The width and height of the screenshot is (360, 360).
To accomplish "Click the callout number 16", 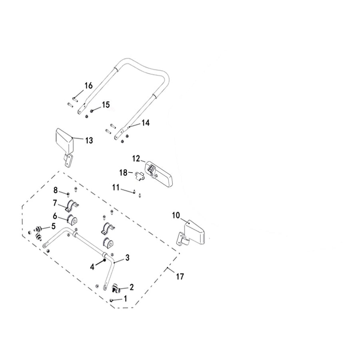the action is tap(88, 86).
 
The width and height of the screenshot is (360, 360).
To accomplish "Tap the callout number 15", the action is tap(106, 105).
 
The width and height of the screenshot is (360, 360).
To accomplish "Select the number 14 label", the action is tap(146, 123).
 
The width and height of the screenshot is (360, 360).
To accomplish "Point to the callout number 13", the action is tap(89, 140).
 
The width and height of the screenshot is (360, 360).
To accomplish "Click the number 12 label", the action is tap(136, 158).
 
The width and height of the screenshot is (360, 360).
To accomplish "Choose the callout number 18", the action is tap(123, 172).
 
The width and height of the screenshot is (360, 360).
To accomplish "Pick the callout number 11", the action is tap(116, 188).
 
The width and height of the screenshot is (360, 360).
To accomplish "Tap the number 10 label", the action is tap(176, 215).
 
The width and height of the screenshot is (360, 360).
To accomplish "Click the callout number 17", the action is tap(180, 276).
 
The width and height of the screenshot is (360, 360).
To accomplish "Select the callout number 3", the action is tap(128, 258).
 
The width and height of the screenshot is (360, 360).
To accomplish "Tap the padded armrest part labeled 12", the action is tap(159, 174).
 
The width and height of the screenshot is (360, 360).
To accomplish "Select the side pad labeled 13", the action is tap(65, 148).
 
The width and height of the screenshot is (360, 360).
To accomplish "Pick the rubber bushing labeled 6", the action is tap(72, 220).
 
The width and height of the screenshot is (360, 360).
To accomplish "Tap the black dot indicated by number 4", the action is tap(105, 260).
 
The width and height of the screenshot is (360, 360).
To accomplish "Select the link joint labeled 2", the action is tap(116, 288).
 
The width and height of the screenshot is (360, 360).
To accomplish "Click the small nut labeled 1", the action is tap(112, 300).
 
